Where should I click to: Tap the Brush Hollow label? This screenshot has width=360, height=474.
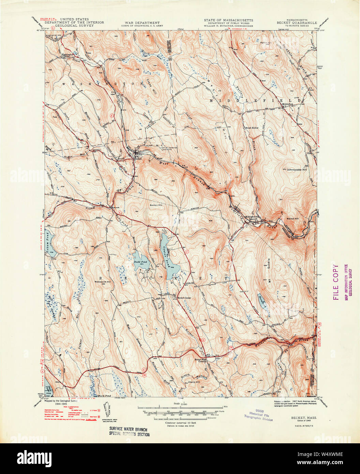(252, 128)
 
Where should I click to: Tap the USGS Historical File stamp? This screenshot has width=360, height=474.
(259, 415)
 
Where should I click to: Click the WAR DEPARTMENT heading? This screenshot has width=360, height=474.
(140, 23)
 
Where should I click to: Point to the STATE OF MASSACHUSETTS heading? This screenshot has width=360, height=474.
(228, 20)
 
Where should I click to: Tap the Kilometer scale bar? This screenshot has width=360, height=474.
(181, 418)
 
